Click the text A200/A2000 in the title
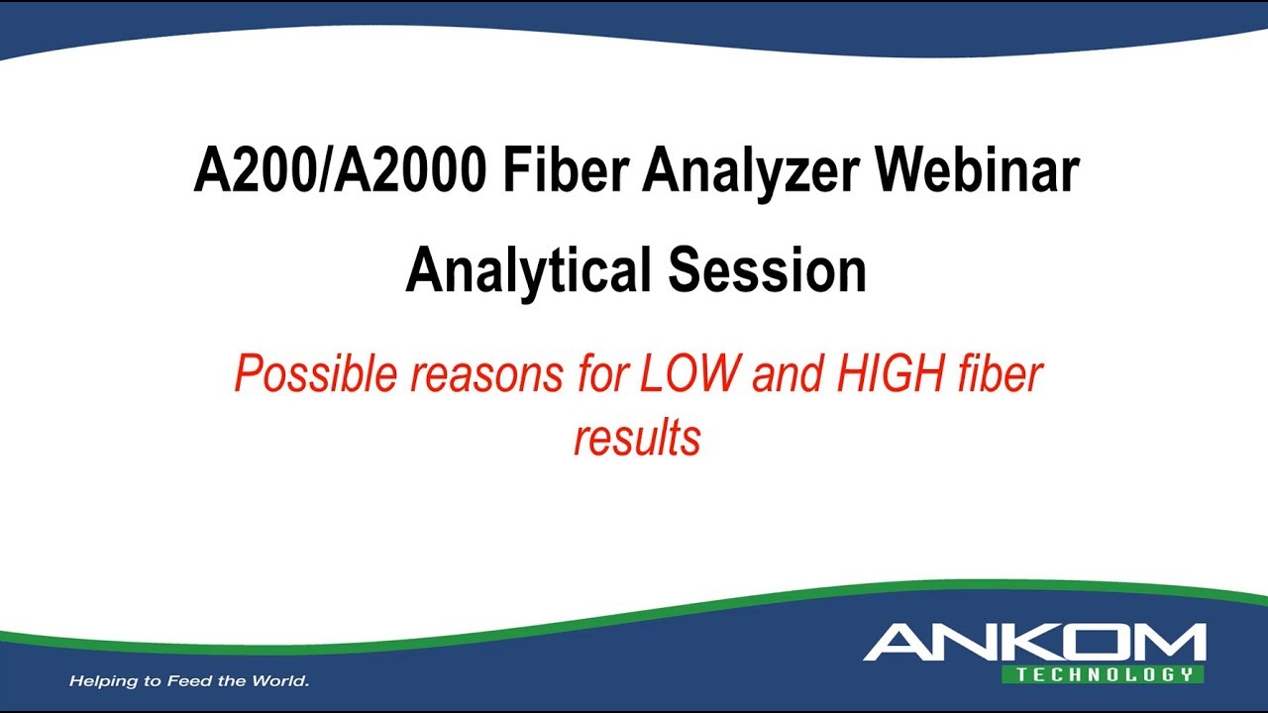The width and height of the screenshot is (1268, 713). point(340,172)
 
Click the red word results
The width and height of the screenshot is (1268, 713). point(637,437)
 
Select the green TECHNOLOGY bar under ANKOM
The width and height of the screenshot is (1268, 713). point(1104,674)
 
